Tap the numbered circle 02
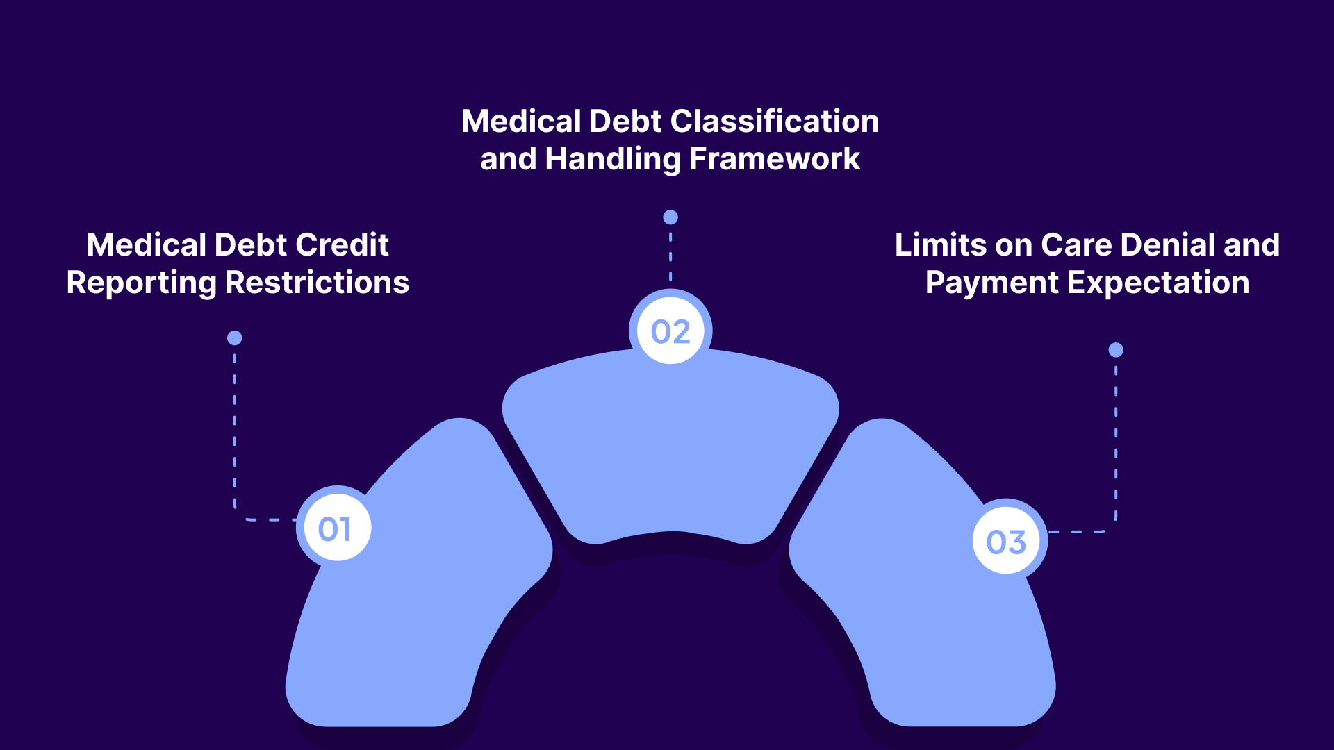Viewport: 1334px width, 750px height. point(670,331)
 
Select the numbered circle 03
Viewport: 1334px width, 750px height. point(1006,542)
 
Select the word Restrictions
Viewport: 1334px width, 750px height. point(318,283)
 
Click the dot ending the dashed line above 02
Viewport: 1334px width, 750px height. point(670,217)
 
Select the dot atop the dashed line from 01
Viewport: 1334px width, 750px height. point(235,338)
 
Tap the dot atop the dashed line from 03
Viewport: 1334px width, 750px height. point(1116,350)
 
